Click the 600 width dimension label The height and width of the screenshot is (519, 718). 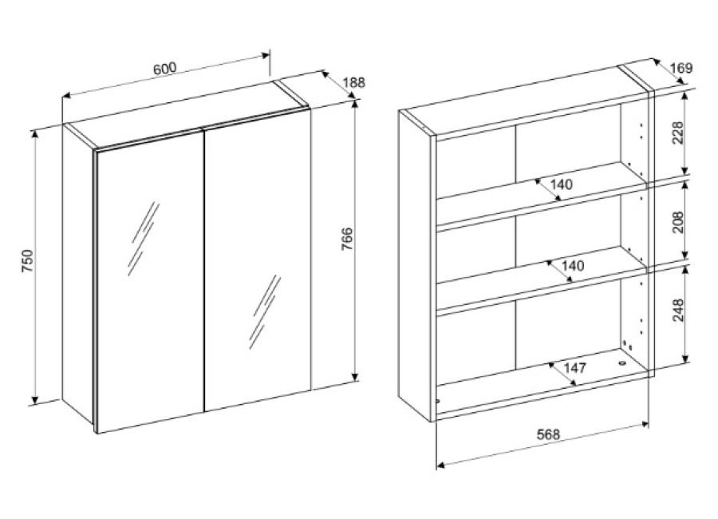(x=164, y=69)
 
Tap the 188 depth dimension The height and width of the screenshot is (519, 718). (x=354, y=83)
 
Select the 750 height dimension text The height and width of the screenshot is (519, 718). (x=28, y=261)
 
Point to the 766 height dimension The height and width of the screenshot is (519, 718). (x=348, y=239)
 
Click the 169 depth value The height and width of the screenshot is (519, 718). (x=682, y=69)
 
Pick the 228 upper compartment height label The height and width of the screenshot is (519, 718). (x=678, y=133)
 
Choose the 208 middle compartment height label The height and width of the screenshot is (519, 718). (x=678, y=222)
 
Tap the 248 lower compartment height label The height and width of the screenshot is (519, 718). (x=678, y=310)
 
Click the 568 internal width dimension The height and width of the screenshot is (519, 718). (x=548, y=434)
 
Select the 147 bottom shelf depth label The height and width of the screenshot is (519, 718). (x=574, y=368)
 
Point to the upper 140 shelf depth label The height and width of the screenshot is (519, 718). (x=562, y=184)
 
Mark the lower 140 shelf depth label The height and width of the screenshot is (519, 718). (x=572, y=265)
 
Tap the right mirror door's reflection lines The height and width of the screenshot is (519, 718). (x=265, y=311)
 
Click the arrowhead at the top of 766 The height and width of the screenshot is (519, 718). (x=355, y=104)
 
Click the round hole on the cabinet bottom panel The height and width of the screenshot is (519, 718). (x=621, y=363)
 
